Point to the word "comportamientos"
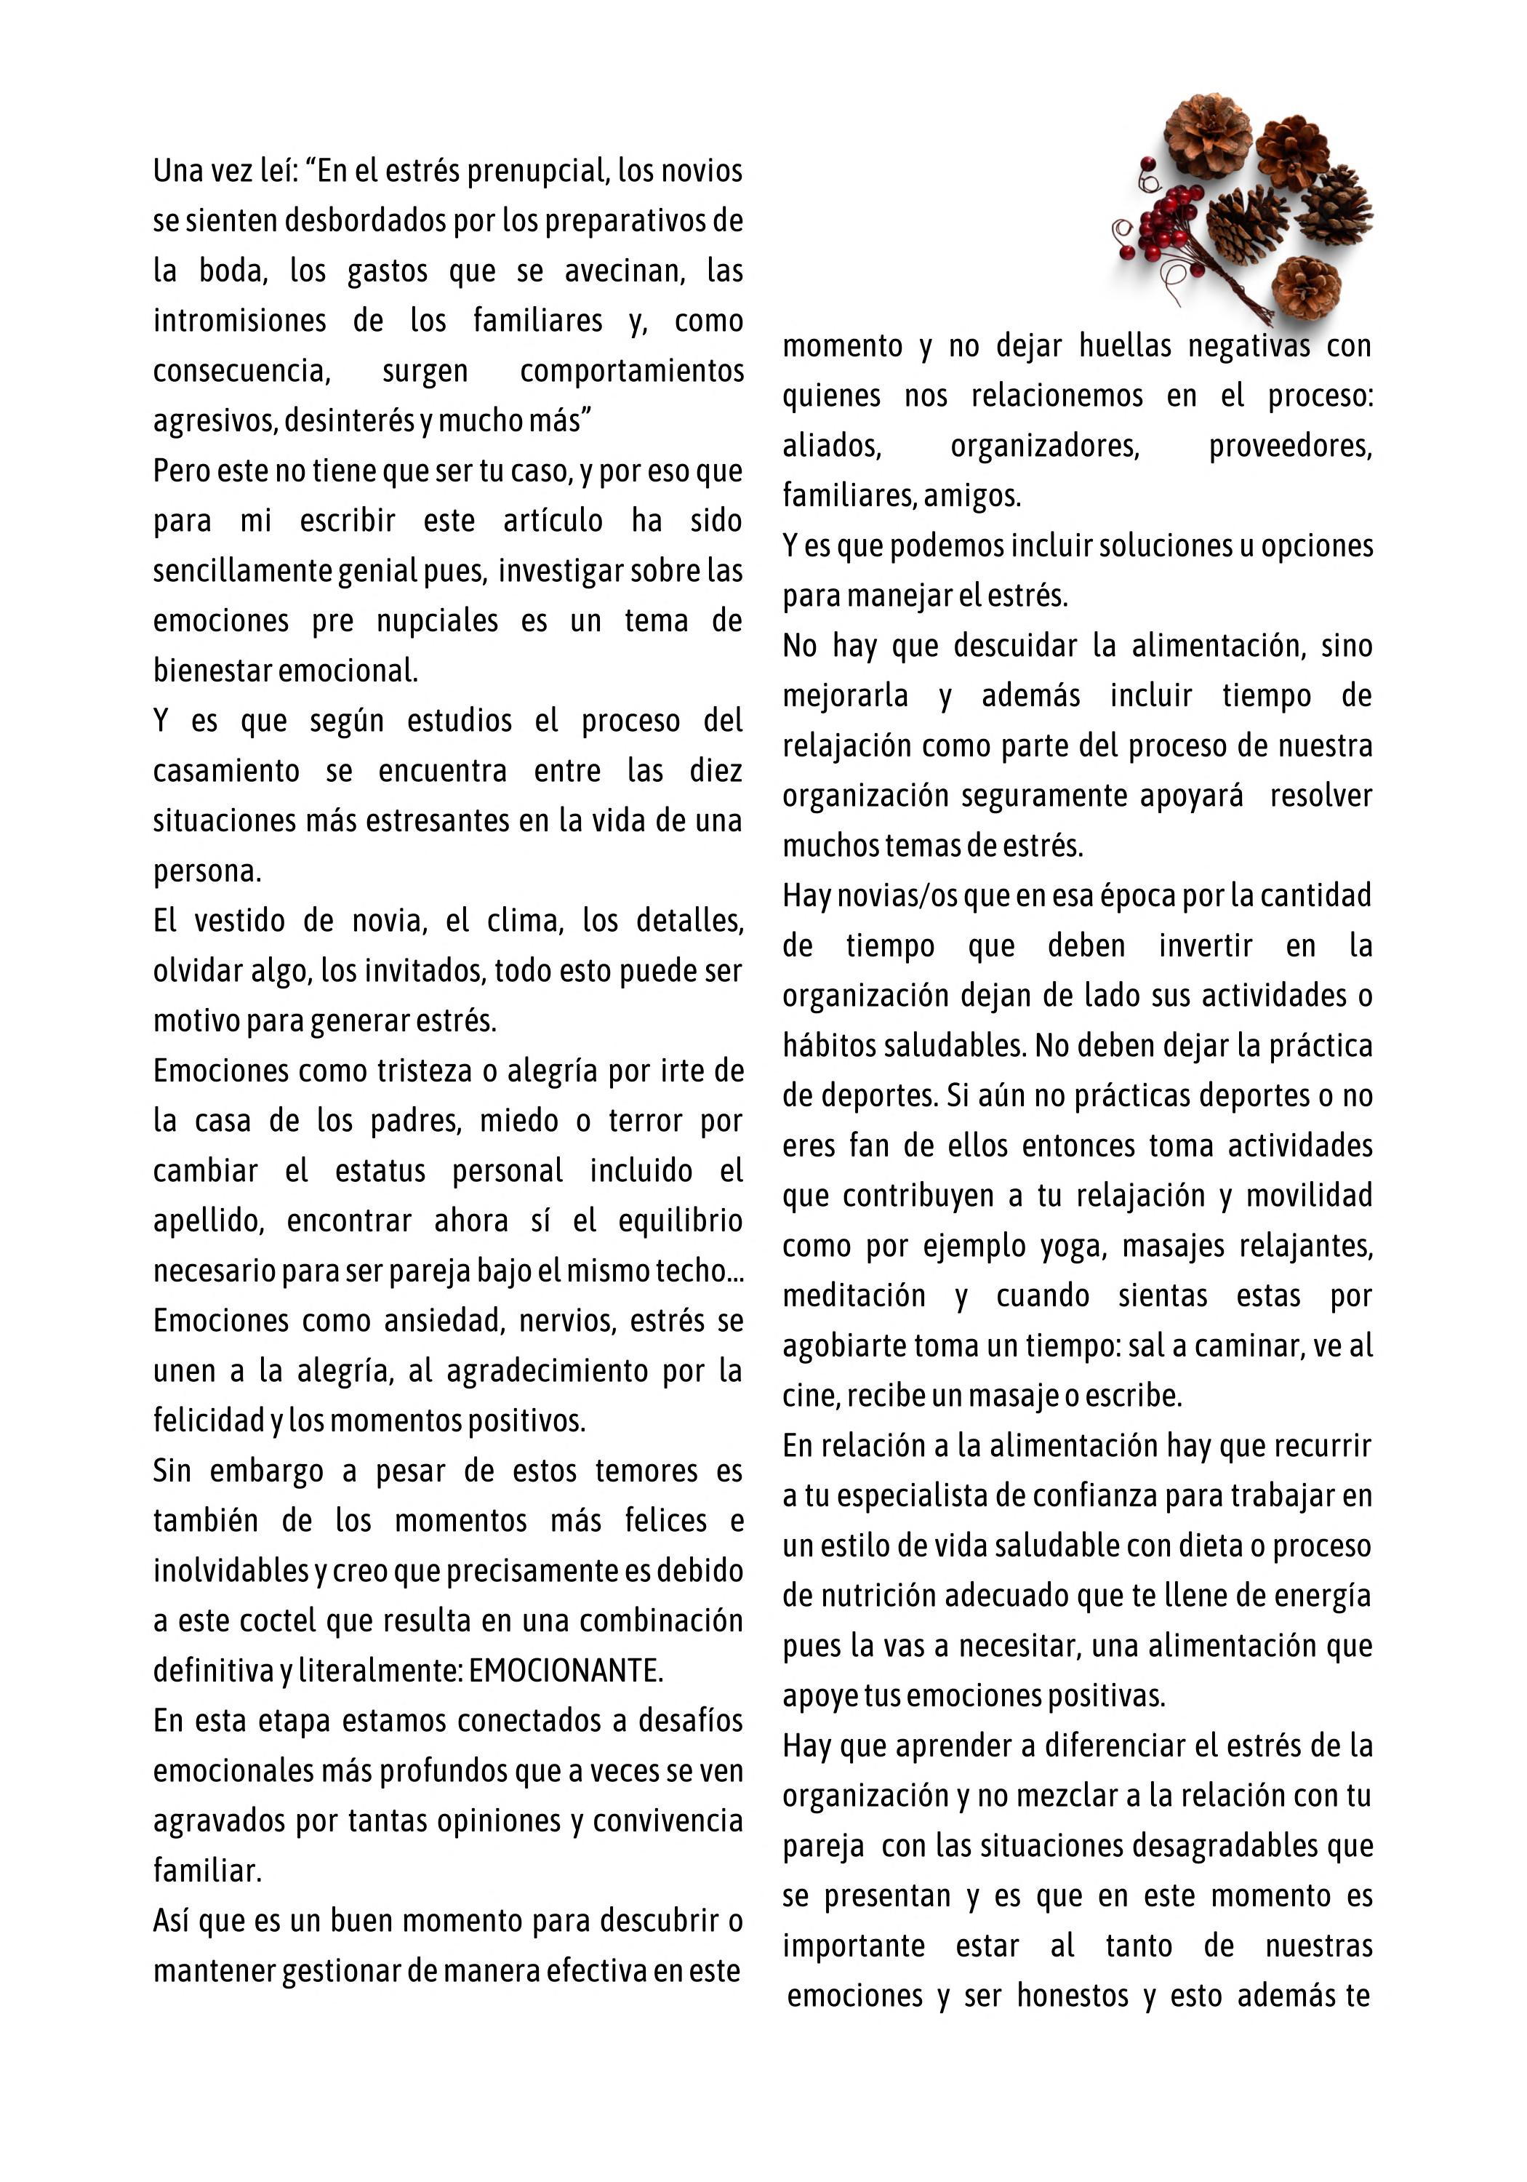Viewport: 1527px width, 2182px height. (x=631, y=371)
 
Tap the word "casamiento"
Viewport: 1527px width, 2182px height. (x=226, y=771)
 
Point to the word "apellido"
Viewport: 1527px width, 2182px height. (x=207, y=1221)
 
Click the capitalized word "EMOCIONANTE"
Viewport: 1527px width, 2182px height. (x=566, y=1671)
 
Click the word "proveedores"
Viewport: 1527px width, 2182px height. (x=1289, y=446)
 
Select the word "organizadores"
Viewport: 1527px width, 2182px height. (x=1044, y=446)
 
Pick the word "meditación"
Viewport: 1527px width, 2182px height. (x=853, y=1296)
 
